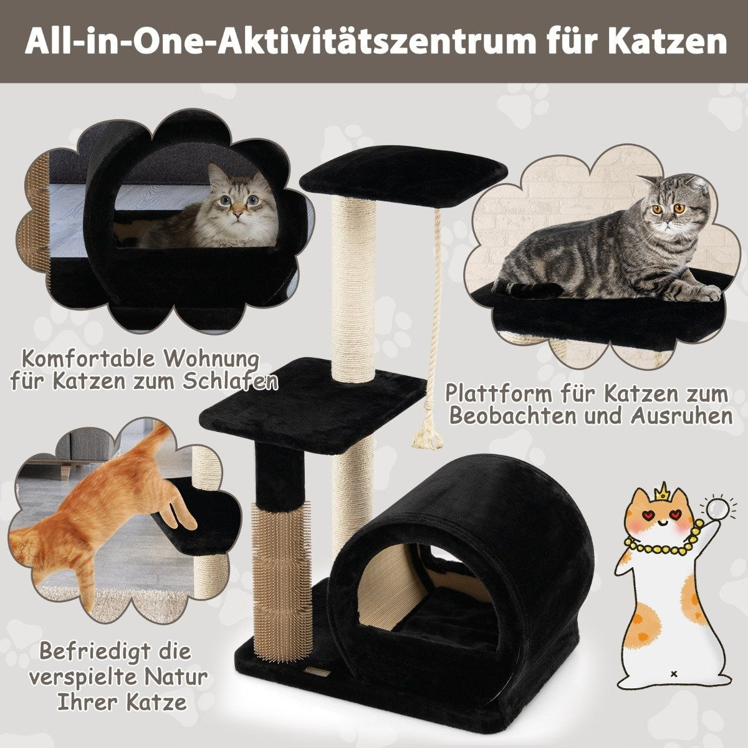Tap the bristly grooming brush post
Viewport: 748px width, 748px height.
tap(282, 563)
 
